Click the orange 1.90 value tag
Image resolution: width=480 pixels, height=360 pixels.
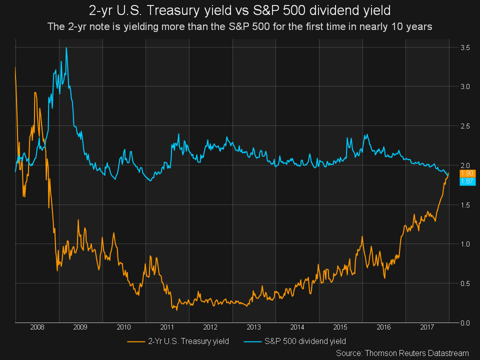467,173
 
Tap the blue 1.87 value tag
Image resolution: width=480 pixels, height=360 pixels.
467,181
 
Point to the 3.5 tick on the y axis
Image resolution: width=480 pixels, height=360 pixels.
465,47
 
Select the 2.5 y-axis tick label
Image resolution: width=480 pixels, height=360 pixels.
465,126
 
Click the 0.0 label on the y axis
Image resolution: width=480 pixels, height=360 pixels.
465,322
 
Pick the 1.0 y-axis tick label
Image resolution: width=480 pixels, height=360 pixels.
465,244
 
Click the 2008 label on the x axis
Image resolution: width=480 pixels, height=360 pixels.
37,327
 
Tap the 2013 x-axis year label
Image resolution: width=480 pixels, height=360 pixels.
254,327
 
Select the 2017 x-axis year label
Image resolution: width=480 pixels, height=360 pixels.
427,327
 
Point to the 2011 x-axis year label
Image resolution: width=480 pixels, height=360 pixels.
167,327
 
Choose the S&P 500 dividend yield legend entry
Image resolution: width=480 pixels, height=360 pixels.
304,341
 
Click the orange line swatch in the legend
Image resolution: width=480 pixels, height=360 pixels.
136,341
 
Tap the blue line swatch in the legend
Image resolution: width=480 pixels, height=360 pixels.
252,341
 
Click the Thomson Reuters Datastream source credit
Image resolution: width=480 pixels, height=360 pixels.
402,353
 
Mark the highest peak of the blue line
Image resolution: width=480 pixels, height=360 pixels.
66,48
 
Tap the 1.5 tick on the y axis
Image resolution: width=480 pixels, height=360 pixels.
465,205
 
